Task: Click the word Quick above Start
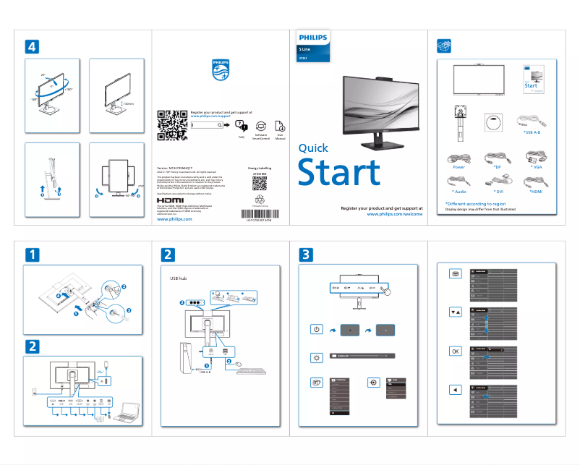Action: click(x=313, y=148)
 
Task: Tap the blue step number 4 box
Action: click(x=31, y=46)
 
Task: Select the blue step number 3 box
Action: click(x=307, y=255)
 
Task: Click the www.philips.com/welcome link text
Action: click(x=394, y=215)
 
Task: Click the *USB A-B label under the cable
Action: click(x=532, y=132)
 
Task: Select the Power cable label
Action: click(x=459, y=167)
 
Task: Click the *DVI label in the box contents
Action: click(x=498, y=192)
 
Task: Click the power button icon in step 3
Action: click(x=316, y=330)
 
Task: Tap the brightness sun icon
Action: click(x=316, y=357)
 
